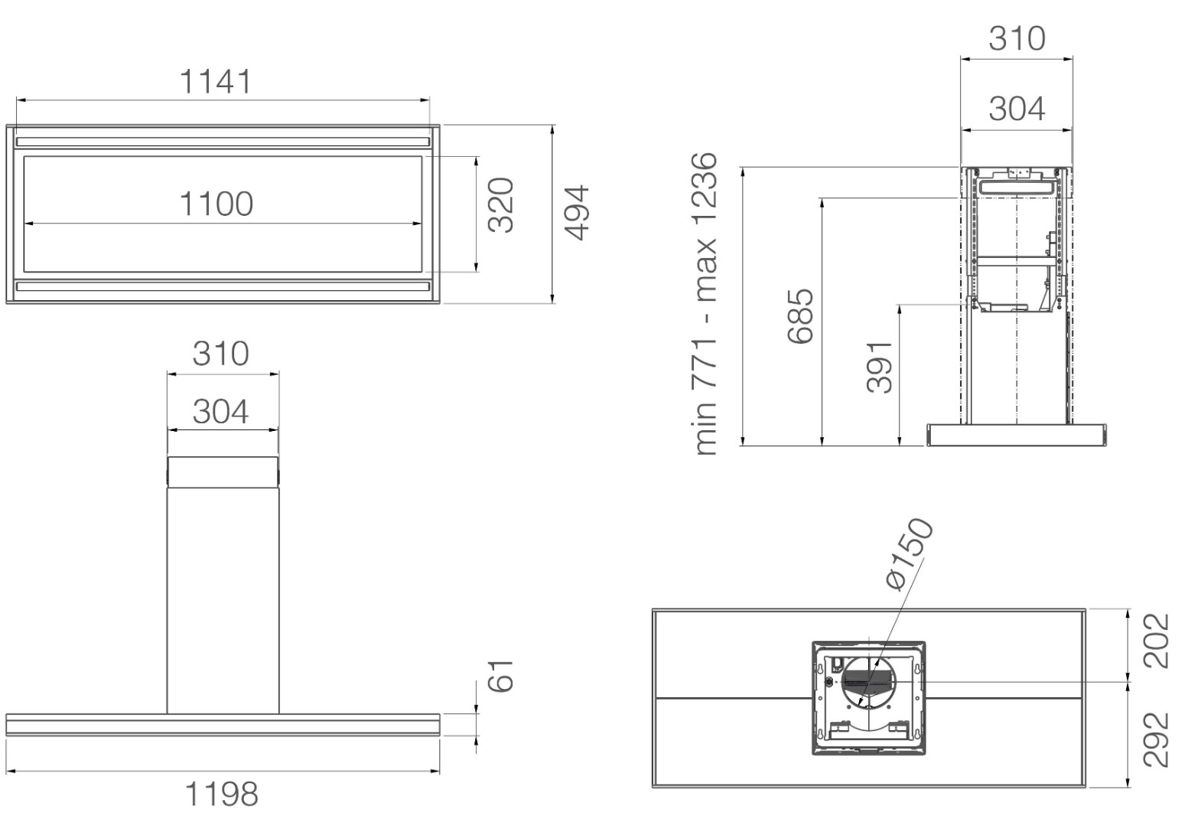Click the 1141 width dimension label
[215, 81]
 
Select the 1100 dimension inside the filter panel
[216, 204]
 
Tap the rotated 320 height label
[501, 205]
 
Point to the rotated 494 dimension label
[577, 212]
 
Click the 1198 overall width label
[221, 794]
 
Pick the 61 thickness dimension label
[501, 676]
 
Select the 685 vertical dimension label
[800, 316]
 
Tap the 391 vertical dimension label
[879, 367]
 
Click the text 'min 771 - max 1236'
[705, 303]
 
